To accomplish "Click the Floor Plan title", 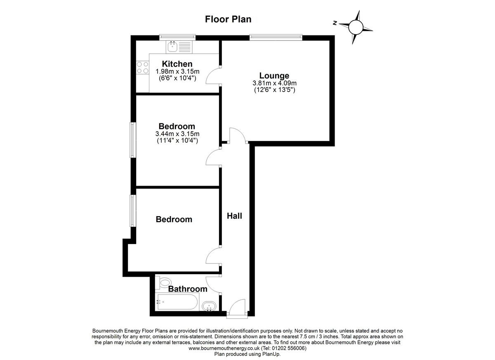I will coord(228,19).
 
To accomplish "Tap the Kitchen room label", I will coord(177,64).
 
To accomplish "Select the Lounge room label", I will coord(274,75).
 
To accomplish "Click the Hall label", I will coord(235,216).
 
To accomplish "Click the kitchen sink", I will coord(173,47).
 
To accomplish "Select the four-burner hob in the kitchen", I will coord(142,68).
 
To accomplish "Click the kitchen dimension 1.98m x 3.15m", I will coord(177,71).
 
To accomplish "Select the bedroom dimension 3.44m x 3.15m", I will coord(177,134).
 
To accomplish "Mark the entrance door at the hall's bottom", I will coord(237,309).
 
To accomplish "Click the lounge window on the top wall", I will coord(276,37).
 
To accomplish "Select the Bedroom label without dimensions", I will coord(174,219).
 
